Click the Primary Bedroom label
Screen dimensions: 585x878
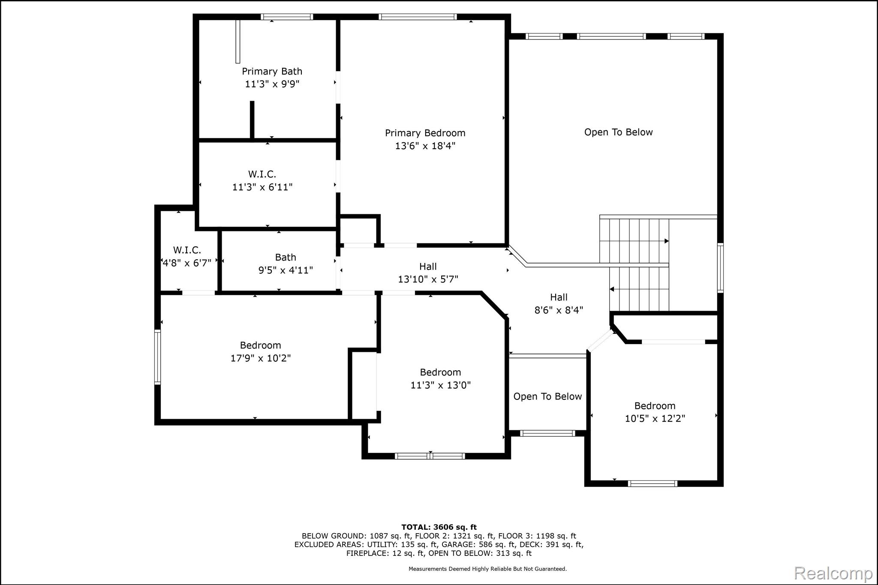coord(425,133)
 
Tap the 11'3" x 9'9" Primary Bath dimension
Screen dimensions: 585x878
coord(272,84)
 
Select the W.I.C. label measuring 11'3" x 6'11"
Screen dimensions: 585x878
coord(262,174)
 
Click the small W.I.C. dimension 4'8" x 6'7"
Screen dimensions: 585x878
coord(187,263)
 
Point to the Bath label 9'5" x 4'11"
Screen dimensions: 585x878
coord(286,258)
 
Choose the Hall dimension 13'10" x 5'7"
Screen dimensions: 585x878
coord(428,279)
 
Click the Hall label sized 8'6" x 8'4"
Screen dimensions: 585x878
coord(559,297)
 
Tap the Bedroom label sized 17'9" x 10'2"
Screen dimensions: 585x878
coord(260,345)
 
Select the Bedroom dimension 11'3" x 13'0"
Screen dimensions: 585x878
coord(440,385)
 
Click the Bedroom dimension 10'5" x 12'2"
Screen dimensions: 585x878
coord(655,419)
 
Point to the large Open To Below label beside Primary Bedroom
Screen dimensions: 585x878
coord(618,132)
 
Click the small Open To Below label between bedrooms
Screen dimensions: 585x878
coord(547,397)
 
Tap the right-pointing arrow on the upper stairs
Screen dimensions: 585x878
coord(666,241)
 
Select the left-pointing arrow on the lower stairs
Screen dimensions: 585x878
coord(612,289)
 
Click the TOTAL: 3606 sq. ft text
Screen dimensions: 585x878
coord(439,527)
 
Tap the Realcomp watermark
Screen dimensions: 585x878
coord(833,573)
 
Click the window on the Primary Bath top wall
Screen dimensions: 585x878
coord(287,17)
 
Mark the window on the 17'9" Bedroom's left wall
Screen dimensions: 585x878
coord(157,357)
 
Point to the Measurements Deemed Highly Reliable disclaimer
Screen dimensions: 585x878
coord(487,569)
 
